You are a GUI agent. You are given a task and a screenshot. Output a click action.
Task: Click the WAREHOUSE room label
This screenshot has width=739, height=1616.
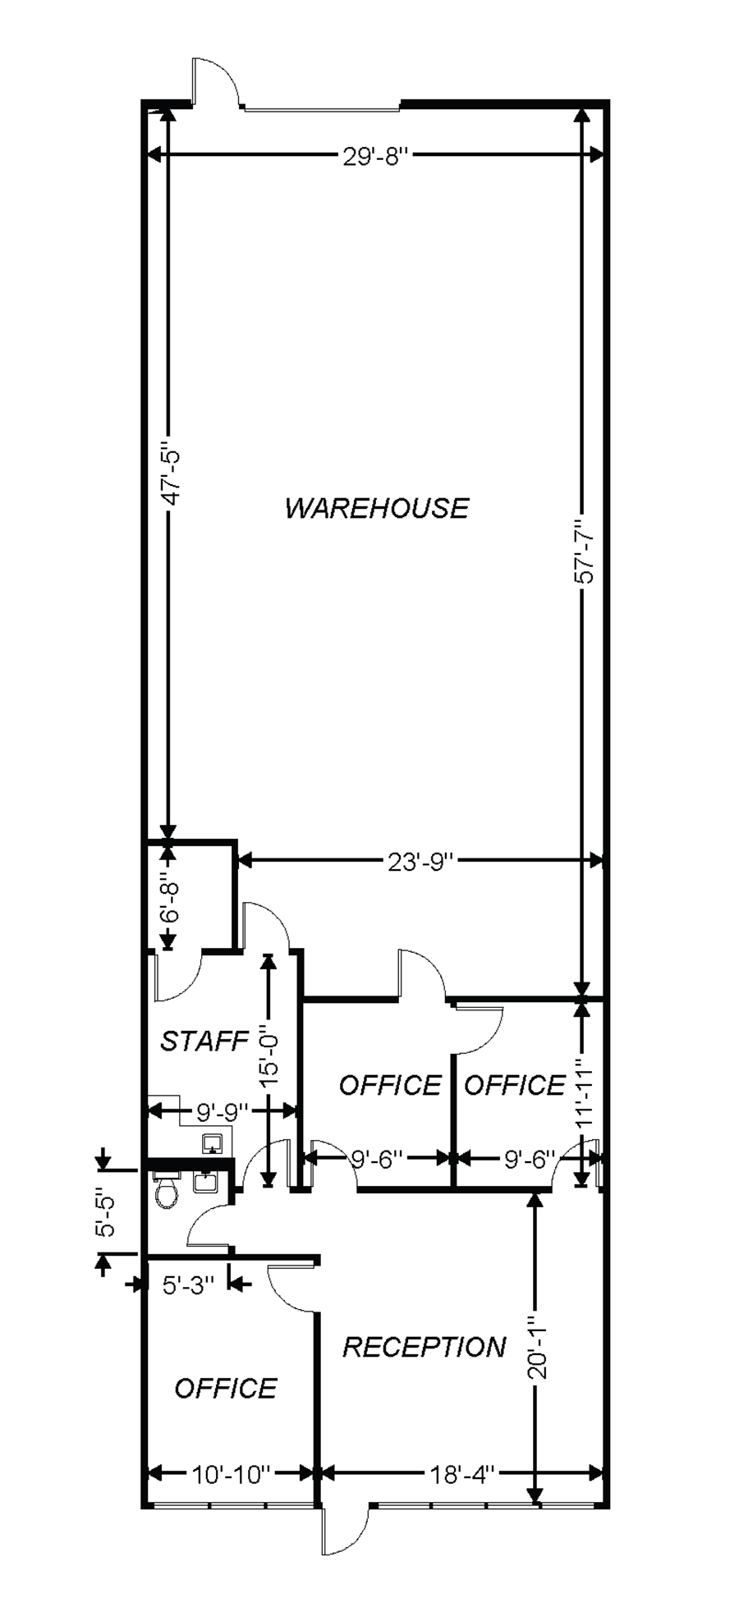(x=376, y=508)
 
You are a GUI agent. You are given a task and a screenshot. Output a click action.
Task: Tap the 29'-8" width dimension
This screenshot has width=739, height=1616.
(x=375, y=156)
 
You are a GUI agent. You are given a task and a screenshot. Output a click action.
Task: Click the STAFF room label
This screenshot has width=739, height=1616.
(x=204, y=1041)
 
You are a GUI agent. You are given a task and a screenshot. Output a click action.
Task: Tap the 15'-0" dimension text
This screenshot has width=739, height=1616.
(x=269, y=1056)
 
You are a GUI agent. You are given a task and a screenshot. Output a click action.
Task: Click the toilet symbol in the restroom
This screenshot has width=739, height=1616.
(x=167, y=1191)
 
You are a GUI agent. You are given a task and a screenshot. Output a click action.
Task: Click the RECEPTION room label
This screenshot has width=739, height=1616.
(x=424, y=1347)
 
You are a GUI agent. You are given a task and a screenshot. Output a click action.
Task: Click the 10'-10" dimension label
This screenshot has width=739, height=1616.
(x=231, y=1475)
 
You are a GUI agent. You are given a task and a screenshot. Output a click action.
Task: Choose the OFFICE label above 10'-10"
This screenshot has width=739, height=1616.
(x=226, y=1388)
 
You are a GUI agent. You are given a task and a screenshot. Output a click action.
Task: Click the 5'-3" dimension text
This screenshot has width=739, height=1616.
(x=188, y=1284)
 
